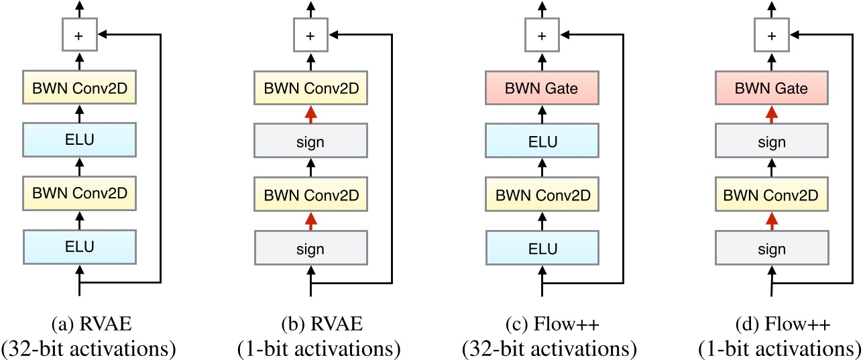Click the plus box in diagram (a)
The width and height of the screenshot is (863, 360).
80,36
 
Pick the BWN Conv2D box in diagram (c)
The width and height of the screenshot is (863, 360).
541,196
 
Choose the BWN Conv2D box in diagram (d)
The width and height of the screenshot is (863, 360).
771,196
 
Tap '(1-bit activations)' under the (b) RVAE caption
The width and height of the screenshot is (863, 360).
310,349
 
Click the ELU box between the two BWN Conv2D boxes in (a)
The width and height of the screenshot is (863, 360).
80,142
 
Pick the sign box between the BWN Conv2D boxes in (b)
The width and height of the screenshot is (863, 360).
310,142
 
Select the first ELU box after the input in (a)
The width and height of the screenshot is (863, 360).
80,248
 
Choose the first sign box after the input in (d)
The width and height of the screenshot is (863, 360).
771,248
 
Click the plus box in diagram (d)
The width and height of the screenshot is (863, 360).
771,36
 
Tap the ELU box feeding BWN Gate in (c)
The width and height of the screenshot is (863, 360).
541,142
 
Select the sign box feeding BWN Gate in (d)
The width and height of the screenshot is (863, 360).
771,142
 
